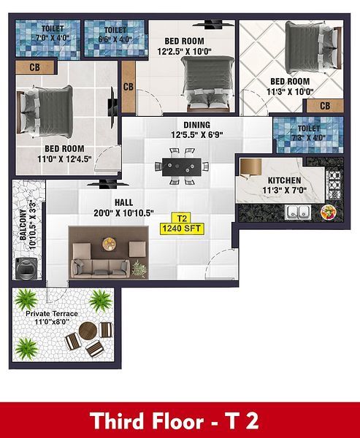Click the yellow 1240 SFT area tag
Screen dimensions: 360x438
click(x=182, y=228)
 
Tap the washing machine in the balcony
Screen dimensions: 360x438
click(x=26, y=269)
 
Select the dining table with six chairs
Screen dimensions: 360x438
click(x=182, y=166)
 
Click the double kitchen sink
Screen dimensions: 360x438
click(x=298, y=212)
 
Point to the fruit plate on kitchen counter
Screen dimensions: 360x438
click(x=329, y=212)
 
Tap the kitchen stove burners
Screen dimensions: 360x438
click(x=334, y=185)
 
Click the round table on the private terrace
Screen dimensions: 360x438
click(x=88, y=331)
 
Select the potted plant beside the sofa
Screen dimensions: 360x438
click(x=139, y=269)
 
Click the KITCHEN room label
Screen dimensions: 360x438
click(x=285, y=180)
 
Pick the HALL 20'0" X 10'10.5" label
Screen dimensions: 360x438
click(x=123, y=208)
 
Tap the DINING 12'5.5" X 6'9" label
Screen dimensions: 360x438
click(x=197, y=130)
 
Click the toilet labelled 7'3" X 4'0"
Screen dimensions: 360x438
click(x=309, y=135)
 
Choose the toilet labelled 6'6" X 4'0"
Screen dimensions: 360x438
click(x=115, y=38)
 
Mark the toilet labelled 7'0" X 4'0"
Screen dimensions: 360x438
click(x=47, y=39)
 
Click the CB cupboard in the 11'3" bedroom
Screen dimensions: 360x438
click(x=325, y=106)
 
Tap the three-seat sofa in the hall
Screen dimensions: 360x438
click(x=100, y=269)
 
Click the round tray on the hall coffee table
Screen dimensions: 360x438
click(x=109, y=243)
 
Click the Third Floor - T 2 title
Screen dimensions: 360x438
click(x=174, y=421)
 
